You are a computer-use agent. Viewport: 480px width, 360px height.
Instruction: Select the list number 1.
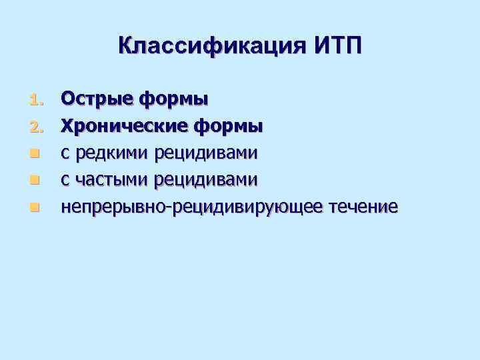click(x=36, y=100)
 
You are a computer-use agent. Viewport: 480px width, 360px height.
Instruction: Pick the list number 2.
click(x=36, y=127)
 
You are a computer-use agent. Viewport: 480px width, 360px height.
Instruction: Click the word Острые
click(x=97, y=99)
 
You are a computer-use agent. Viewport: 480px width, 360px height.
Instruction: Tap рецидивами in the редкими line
click(x=205, y=153)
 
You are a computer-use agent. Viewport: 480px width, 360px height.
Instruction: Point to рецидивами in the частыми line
click(x=205, y=180)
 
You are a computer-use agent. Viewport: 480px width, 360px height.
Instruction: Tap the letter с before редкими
click(x=65, y=154)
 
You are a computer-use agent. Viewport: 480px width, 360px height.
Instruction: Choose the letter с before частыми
click(x=65, y=181)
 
